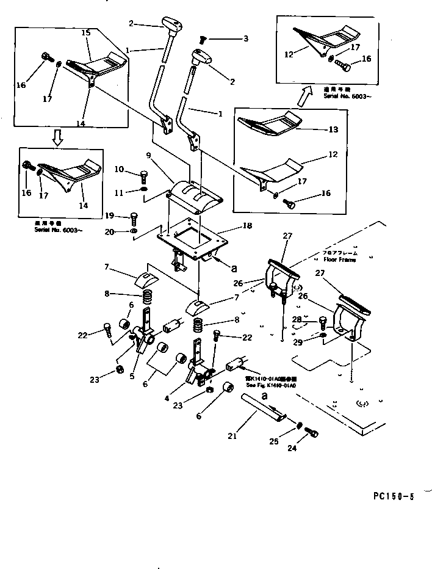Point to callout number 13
(x=333, y=129)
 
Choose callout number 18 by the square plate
(x=247, y=226)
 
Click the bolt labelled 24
(x=314, y=433)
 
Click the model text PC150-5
(x=394, y=496)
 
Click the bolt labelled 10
(x=145, y=178)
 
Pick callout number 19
(x=109, y=215)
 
